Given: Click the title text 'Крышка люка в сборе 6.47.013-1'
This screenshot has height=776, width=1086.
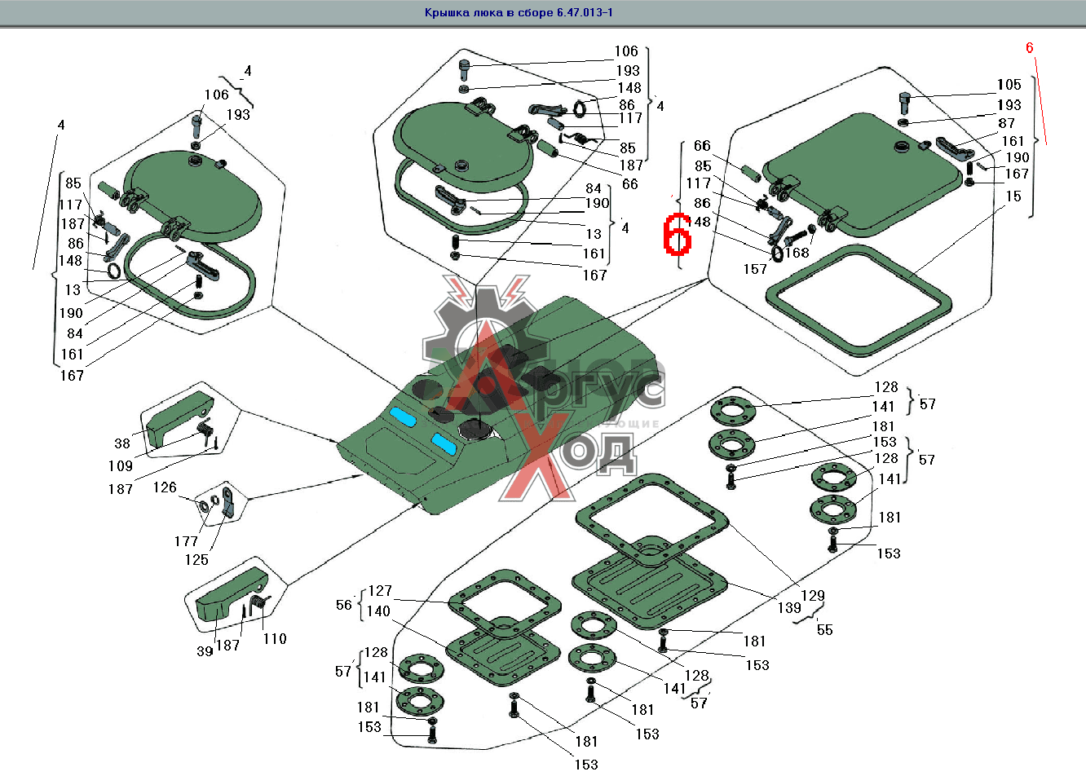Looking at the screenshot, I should click(x=519, y=12).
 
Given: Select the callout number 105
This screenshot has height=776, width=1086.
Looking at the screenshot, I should click(x=1009, y=85).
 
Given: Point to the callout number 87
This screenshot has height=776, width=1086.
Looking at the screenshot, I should click(x=1007, y=123).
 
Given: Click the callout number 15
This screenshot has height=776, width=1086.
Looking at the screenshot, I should click(x=1013, y=196).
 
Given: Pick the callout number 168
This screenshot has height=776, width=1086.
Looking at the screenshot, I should click(x=797, y=253).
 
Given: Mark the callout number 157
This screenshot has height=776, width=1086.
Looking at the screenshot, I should click(x=755, y=269).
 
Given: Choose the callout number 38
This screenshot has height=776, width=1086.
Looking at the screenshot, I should click(x=122, y=443).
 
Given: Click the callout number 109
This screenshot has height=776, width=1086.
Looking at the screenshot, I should click(x=120, y=466).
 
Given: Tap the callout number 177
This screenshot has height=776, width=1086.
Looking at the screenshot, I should click(x=186, y=541).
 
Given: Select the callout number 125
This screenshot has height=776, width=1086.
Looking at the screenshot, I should click(x=196, y=560).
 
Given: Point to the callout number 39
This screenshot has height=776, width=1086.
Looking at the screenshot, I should click(x=205, y=650).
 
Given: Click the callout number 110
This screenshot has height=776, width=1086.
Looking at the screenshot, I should click(x=275, y=639).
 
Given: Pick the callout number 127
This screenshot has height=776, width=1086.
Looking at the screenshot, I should click(x=380, y=591).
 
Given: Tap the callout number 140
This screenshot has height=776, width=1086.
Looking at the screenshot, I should click(x=378, y=611).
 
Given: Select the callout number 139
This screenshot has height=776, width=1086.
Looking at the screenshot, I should click(x=789, y=608).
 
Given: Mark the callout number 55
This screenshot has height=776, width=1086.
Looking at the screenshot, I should click(x=824, y=630).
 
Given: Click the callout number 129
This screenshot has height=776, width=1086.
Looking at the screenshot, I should click(x=813, y=596).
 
